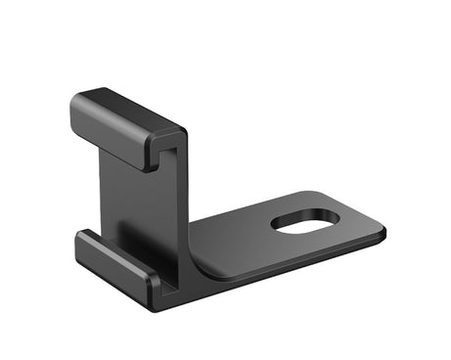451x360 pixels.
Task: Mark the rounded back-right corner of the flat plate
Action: pos(334,192)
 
